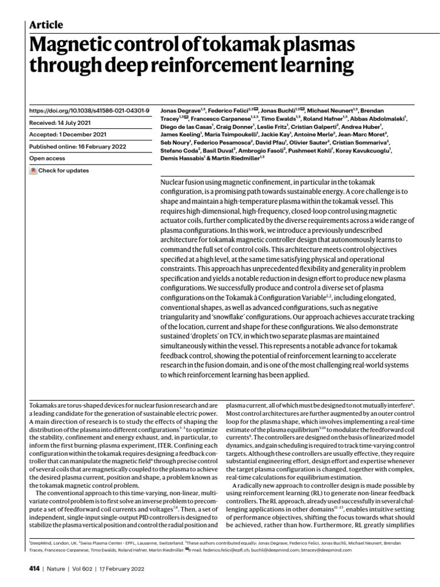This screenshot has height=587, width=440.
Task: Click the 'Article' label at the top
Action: coord(46,25)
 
